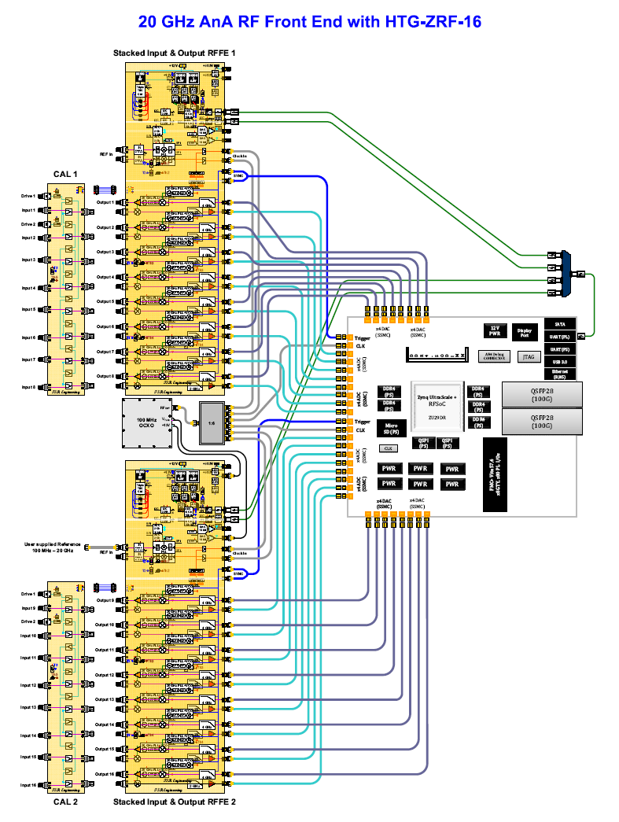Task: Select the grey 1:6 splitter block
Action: tap(212, 422)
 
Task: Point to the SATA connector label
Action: tap(558, 323)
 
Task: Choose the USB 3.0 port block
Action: tap(558, 360)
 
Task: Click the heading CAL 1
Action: tap(65, 174)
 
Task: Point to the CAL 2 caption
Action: tap(65, 802)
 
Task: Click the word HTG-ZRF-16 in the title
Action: tap(433, 22)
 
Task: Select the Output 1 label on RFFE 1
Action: tap(105, 202)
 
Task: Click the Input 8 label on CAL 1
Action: tap(28, 387)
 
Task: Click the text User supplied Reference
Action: tap(51, 544)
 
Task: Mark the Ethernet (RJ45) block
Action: tap(558, 374)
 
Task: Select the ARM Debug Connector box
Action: tap(494, 356)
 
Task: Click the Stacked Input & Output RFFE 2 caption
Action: tap(175, 802)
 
